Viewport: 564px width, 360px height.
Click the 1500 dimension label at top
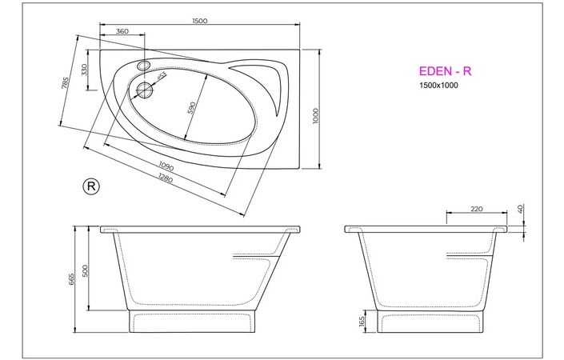click(200, 22)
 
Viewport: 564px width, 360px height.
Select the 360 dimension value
click(122, 32)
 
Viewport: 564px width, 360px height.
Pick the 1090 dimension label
click(166, 166)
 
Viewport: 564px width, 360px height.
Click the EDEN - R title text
click(445, 71)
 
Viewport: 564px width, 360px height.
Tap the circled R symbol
click(91, 186)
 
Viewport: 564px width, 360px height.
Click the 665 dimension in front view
click(72, 278)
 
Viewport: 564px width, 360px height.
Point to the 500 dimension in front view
click(86, 270)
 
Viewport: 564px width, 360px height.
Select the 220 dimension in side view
click(477, 210)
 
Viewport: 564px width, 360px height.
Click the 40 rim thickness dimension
click(520, 210)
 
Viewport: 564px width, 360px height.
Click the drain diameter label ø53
click(161, 77)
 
